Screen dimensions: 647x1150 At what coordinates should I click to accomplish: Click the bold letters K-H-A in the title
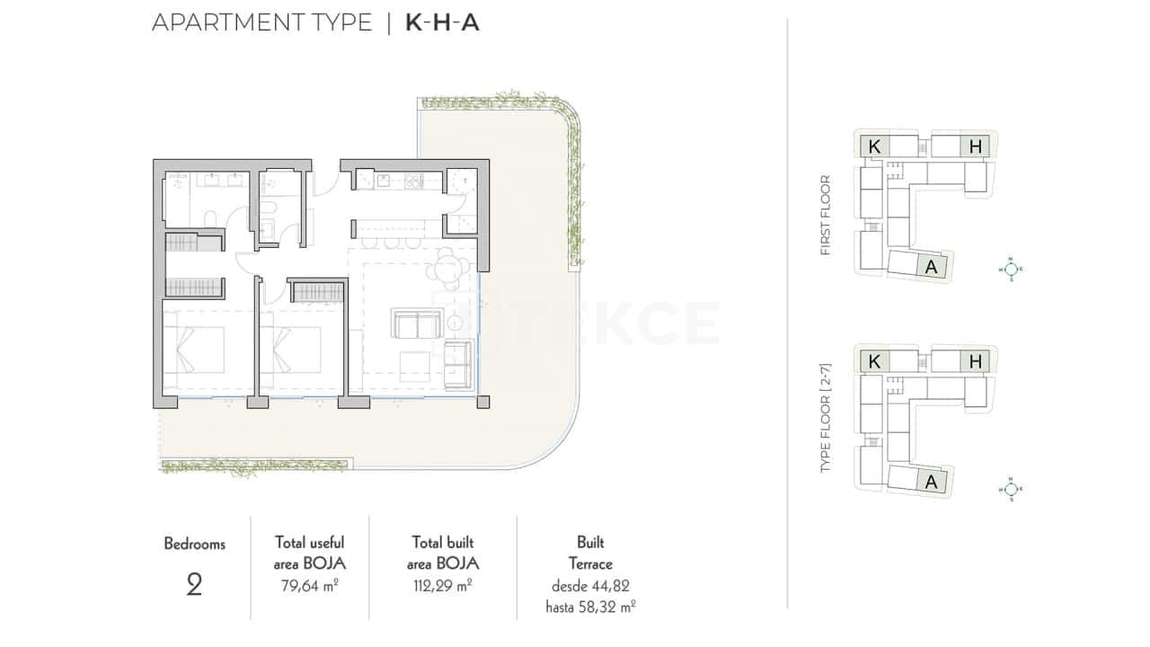point(442,23)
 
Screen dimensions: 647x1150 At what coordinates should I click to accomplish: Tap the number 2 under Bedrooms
point(194,585)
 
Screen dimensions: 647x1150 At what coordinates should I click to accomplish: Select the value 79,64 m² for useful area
point(309,585)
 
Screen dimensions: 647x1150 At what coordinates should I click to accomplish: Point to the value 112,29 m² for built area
point(442,585)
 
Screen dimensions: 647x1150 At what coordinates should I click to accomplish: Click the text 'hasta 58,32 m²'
point(590,607)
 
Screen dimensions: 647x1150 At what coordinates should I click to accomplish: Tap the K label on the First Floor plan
point(873,147)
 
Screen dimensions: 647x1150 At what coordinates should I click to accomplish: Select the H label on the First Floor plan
point(976,147)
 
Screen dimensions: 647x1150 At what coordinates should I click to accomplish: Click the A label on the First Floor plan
point(931,267)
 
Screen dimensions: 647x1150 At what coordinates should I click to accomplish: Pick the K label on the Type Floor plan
point(873,362)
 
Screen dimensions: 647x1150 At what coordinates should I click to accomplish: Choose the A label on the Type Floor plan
point(931,483)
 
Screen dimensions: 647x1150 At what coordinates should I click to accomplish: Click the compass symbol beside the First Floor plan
point(1011,268)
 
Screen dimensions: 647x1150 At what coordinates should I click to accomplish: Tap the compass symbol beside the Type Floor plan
point(1011,489)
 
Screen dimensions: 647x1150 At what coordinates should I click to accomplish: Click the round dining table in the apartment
point(447,267)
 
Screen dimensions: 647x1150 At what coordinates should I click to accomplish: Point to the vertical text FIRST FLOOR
point(826,216)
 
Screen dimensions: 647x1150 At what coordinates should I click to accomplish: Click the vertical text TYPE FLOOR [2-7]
point(826,420)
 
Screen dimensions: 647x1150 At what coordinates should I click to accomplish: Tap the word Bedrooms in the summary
point(194,544)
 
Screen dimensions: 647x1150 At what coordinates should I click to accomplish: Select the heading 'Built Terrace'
point(590,554)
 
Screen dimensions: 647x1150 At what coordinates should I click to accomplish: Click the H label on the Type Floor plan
point(976,362)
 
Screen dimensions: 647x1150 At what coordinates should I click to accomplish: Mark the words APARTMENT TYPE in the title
point(261,23)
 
